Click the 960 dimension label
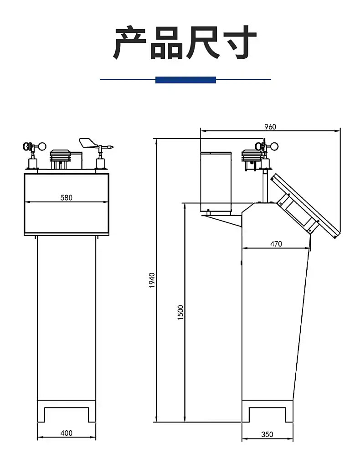tap(270, 127)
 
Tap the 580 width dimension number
tap(66, 197)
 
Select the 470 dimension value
tap(276, 244)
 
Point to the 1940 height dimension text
tap(152, 280)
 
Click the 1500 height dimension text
tap(180, 312)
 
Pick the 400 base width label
tap(66, 433)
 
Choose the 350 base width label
tap(267, 434)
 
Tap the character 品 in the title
tap(166, 42)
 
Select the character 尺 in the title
tap(202, 42)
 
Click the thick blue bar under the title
tap(185, 80)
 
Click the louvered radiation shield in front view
tap(61, 155)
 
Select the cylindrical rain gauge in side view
tap(216, 182)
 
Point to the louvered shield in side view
tap(251, 156)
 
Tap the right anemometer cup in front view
tap(42, 147)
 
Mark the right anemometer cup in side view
tap(274, 147)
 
